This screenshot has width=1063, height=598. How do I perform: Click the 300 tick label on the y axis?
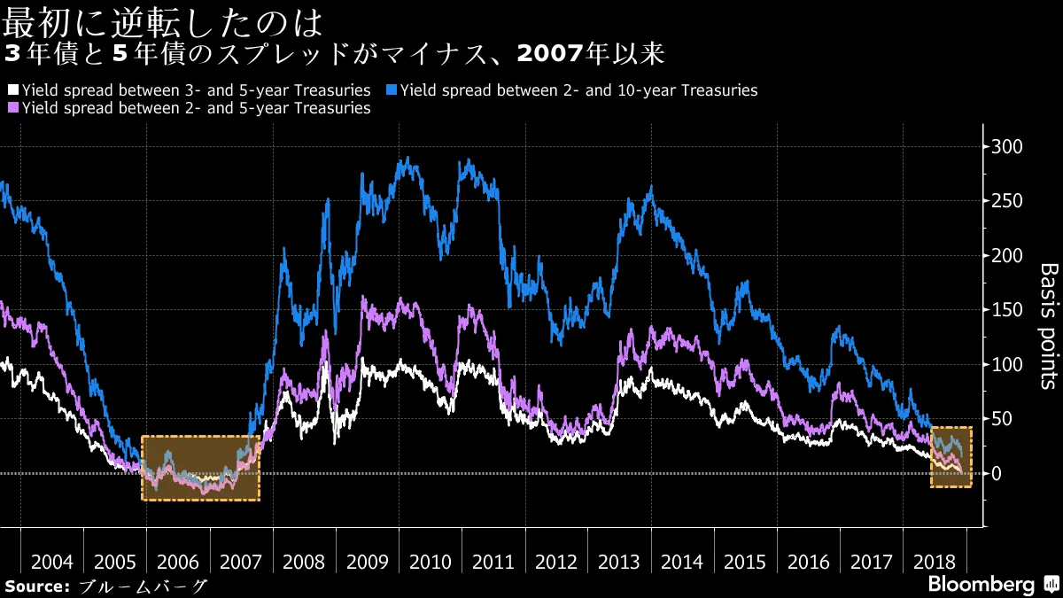pyautogui.click(x=1007, y=147)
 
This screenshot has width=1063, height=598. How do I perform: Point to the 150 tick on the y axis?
pyautogui.click(x=1007, y=310)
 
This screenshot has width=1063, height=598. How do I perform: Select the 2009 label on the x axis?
pyautogui.click(x=367, y=563)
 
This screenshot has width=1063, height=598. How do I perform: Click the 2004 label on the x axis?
pyautogui.click(x=51, y=563)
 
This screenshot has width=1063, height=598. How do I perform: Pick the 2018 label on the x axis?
pyautogui.click(x=934, y=563)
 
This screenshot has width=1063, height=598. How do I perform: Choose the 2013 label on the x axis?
pyautogui.click(x=619, y=563)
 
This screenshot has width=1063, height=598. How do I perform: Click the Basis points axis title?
pyautogui.click(x=1046, y=325)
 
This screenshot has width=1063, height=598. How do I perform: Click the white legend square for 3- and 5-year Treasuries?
pyautogui.click(x=12, y=90)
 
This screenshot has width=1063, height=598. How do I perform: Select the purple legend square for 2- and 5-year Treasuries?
pyautogui.click(x=12, y=108)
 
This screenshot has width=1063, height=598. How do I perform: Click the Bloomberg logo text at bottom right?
pyautogui.click(x=981, y=585)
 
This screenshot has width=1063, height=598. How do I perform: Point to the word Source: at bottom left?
pyautogui.click(x=37, y=586)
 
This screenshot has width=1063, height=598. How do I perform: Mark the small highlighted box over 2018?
pyautogui.click(x=951, y=457)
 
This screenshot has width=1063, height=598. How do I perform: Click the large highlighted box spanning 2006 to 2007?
pyautogui.click(x=200, y=468)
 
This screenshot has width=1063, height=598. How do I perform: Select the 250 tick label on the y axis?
pyautogui.click(x=1007, y=201)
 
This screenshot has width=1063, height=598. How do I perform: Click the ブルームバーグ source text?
pyautogui.click(x=144, y=586)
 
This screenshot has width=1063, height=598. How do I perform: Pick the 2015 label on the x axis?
pyautogui.click(x=745, y=563)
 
